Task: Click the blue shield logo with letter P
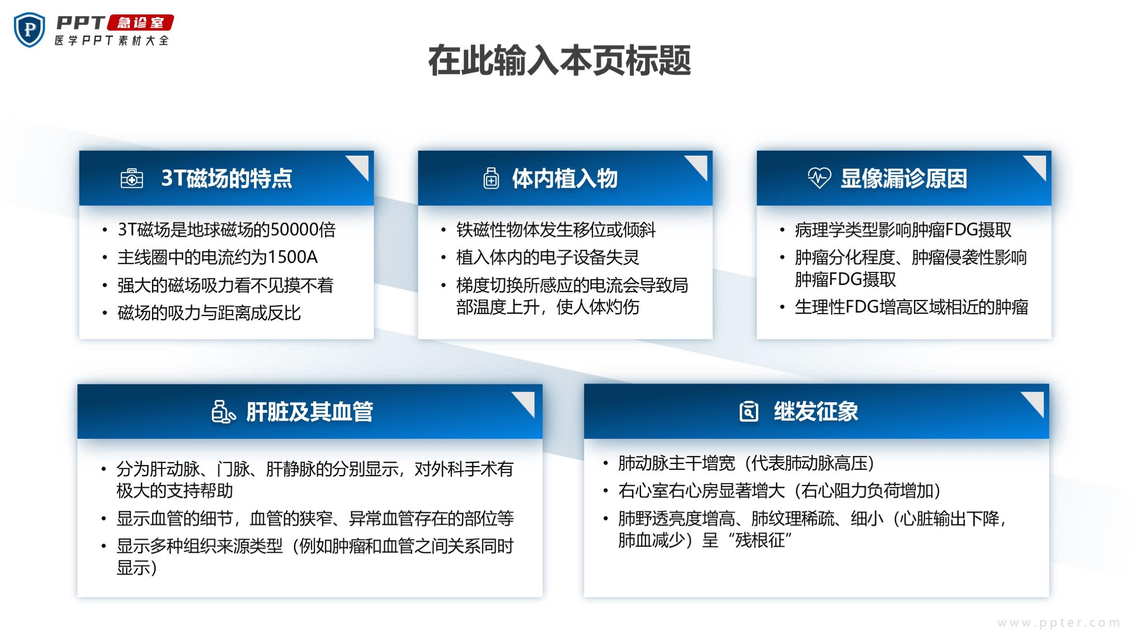29,29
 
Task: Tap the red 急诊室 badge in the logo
140,23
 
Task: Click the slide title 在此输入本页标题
560,60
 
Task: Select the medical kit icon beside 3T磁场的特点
132,178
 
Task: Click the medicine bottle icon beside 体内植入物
491,178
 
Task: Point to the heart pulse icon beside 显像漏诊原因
819,178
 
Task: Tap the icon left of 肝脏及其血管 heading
223,412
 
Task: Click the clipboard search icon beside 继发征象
749,411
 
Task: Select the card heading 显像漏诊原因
904,178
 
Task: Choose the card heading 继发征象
816,412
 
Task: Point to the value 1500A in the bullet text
293,257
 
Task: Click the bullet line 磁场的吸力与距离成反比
209,313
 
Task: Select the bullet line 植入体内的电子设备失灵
547,257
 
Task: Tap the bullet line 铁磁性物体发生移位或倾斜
556,230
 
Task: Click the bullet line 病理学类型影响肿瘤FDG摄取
903,230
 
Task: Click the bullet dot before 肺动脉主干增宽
605,463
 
